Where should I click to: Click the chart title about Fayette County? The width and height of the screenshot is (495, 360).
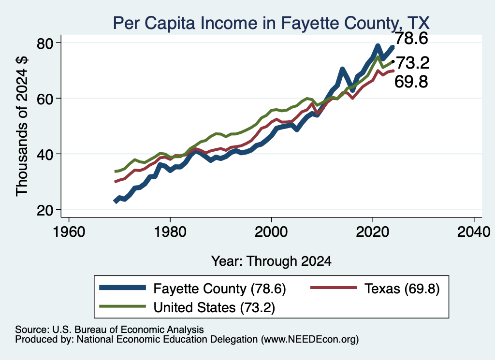pyautogui.click(x=271, y=23)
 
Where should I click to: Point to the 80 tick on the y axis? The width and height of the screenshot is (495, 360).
pyautogui.click(x=45, y=43)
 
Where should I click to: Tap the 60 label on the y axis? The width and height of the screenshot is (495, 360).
pyautogui.click(x=45, y=99)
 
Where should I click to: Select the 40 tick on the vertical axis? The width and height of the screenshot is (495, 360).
pyautogui.click(x=45, y=154)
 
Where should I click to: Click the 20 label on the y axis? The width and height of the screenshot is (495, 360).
pyautogui.click(x=45, y=210)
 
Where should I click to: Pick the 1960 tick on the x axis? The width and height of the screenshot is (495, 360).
pyautogui.click(x=69, y=232)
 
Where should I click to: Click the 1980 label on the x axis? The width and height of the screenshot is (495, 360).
pyautogui.click(x=170, y=232)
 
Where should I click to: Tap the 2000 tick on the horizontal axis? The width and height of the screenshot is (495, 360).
pyautogui.click(x=271, y=232)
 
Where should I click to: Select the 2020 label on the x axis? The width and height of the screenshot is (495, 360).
pyautogui.click(x=373, y=232)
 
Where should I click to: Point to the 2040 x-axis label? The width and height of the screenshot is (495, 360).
pyautogui.click(x=474, y=232)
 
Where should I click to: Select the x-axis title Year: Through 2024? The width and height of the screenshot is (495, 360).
pyautogui.click(x=271, y=261)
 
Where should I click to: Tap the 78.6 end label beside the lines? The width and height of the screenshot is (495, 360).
pyautogui.click(x=411, y=38)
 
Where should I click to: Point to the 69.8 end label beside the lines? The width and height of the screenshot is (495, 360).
pyautogui.click(x=411, y=82)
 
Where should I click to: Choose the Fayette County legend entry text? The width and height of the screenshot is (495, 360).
pyautogui.click(x=220, y=288)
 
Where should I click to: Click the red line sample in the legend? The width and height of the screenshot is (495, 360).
pyautogui.click(x=334, y=288)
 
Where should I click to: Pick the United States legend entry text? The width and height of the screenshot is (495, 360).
pyautogui.click(x=214, y=307)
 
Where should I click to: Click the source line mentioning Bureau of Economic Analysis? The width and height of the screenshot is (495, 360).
pyautogui.click(x=109, y=330)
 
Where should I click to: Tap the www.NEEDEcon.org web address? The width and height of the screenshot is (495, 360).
pyautogui.click(x=310, y=339)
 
